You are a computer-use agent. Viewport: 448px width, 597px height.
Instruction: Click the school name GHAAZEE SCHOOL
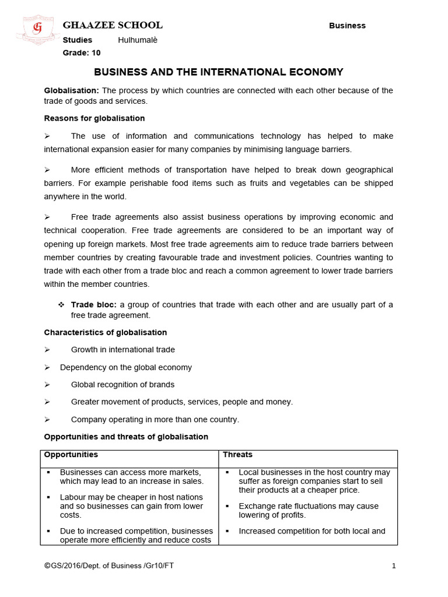pos(113,25)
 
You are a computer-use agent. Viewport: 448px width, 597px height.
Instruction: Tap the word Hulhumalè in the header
pos(138,40)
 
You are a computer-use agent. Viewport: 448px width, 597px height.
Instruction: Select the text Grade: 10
pos(82,53)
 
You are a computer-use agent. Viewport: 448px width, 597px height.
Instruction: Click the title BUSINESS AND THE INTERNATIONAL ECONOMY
pos(219,72)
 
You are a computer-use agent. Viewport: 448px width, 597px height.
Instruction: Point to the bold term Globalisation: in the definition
pos(72,90)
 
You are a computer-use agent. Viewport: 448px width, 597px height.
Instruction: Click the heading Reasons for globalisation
pos(94,118)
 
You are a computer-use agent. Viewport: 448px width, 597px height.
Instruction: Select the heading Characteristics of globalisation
pos(106,332)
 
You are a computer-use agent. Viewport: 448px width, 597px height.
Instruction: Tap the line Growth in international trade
pos(123,350)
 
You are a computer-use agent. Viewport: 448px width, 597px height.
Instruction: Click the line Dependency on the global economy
pos(125,367)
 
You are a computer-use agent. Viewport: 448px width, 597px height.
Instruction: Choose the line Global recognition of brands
pos(123,385)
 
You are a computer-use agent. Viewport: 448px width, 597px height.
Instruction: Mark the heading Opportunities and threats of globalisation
pos(126,437)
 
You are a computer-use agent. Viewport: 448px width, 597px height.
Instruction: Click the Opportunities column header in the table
pos(71,455)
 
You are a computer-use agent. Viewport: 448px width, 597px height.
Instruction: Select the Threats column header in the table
pos(237,455)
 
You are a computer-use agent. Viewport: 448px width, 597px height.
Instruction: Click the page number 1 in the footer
pos(394,566)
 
